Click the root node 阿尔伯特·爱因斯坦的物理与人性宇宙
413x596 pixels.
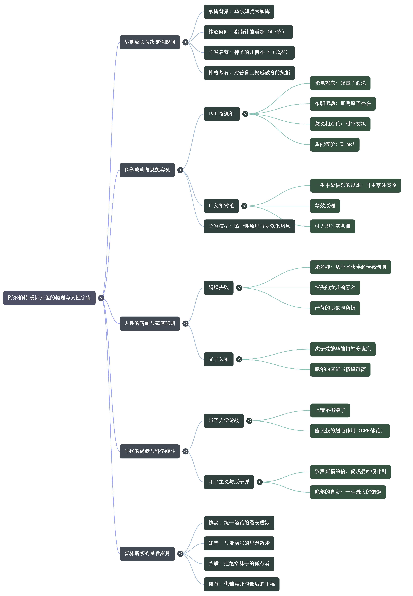(49, 298)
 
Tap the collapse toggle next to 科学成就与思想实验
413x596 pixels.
(180, 170)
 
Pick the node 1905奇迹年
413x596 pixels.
(222, 114)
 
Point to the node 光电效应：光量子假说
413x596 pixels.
(340, 83)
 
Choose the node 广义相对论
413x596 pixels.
(221, 206)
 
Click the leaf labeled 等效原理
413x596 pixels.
(325, 206)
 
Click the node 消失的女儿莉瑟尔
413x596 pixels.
(335, 288)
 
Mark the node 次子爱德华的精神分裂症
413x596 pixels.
(343, 349)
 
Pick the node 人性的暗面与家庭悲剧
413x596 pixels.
(150, 323)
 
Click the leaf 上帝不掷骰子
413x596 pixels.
(330, 410)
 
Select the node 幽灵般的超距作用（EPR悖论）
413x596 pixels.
(350, 431)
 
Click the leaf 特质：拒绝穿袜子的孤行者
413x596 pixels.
(239, 564)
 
